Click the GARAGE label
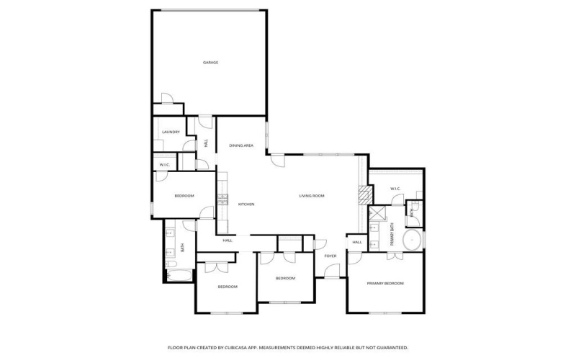(210, 63)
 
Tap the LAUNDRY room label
(171, 132)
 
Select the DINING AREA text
(241, 145)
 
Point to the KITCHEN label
(246, 204)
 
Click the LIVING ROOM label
(312, 196)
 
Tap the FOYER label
(330, 256)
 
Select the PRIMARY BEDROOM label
(385, 284)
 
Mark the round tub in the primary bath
(411, 240)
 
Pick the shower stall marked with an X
(377, 214)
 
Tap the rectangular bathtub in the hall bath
(178, 274)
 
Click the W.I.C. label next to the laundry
(164, 166)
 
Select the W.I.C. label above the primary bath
(395, 189)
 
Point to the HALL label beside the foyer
(357, 243)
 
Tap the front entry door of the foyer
(332, 271)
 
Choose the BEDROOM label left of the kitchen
(184, 196)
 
